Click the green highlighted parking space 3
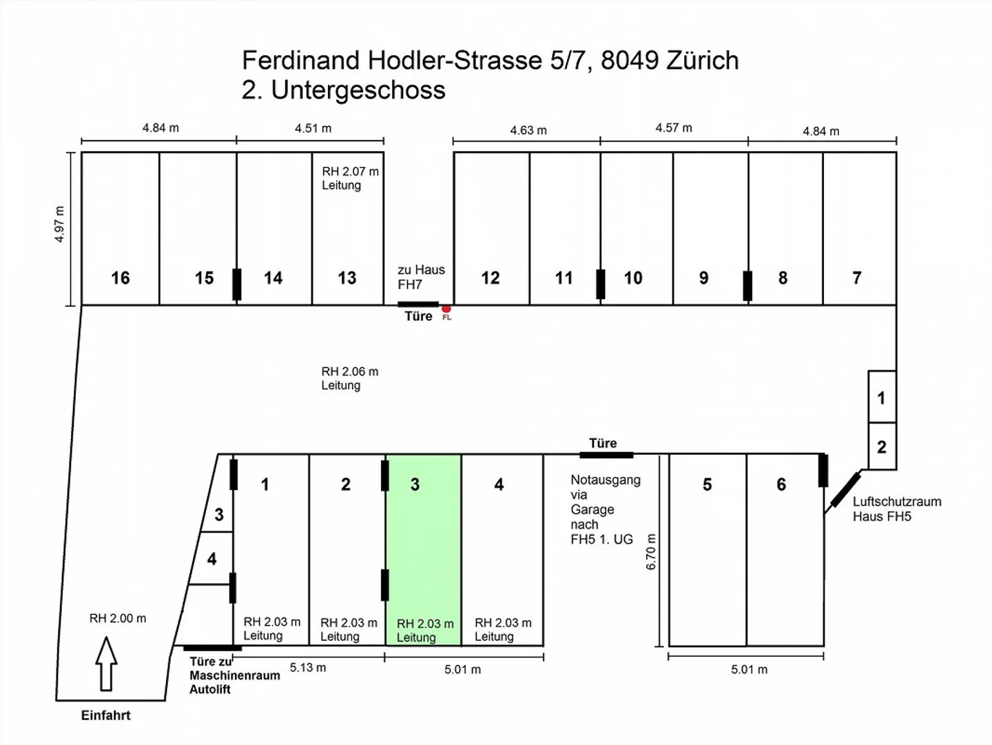424,550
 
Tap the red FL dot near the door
446,309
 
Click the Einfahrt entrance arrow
106,664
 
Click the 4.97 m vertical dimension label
59,224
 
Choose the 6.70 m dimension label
651,551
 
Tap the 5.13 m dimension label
308,668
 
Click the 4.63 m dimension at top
528,130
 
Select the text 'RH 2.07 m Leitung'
350,178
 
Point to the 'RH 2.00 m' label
118,618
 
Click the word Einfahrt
106,715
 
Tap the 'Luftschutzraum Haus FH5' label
897,509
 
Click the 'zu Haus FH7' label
421,276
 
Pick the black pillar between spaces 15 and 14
237,285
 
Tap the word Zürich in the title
702,60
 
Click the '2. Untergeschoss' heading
344,90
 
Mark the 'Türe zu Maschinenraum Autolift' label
234,675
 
